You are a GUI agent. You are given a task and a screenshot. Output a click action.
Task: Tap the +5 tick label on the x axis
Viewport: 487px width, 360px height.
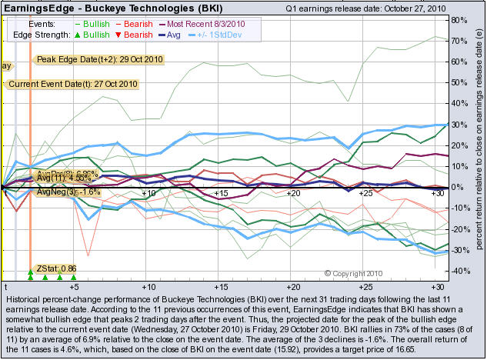coord(75,285)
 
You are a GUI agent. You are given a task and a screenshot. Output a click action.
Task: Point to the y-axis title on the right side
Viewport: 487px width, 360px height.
coord(478,146)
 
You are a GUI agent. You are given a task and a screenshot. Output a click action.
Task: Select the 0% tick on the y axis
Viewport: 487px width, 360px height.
coord(458,187)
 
